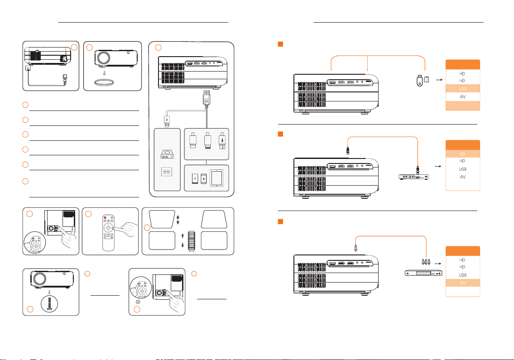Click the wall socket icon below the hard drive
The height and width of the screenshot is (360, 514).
pyautogui.click(x=167, y=173)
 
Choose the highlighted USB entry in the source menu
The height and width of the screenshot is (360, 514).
pyautogui.click(x=462, y=88)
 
